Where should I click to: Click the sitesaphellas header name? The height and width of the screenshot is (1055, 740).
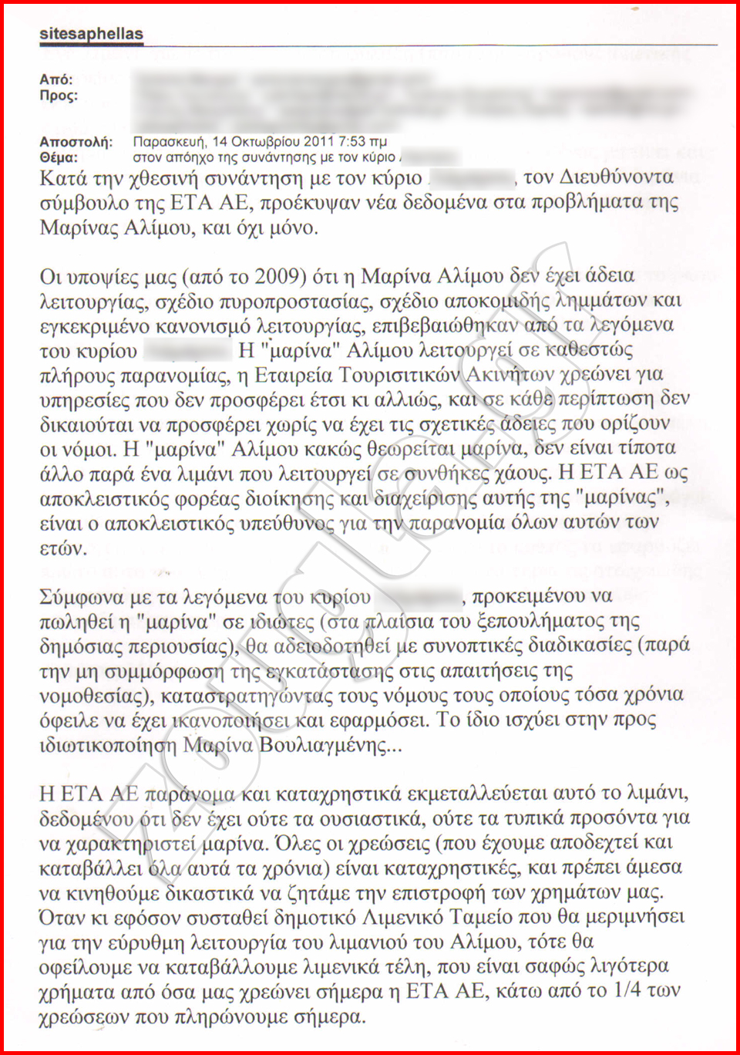coord(91,34)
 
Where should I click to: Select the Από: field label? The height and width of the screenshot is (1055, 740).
coord(55,79)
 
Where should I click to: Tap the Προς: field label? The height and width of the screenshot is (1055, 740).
coord(59,96)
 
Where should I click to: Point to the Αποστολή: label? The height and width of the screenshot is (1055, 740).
coord(76,142)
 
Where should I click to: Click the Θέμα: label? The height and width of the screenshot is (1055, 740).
coord(59,157)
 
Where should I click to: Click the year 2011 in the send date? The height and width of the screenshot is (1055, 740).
coord(318,142)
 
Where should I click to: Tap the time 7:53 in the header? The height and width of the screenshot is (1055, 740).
coord(352,142)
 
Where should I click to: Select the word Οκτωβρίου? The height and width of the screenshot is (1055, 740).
coord(265,142)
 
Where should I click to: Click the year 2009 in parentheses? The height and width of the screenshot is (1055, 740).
coord(275,276)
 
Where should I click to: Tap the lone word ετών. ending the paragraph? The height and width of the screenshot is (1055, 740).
coord(63,548)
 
